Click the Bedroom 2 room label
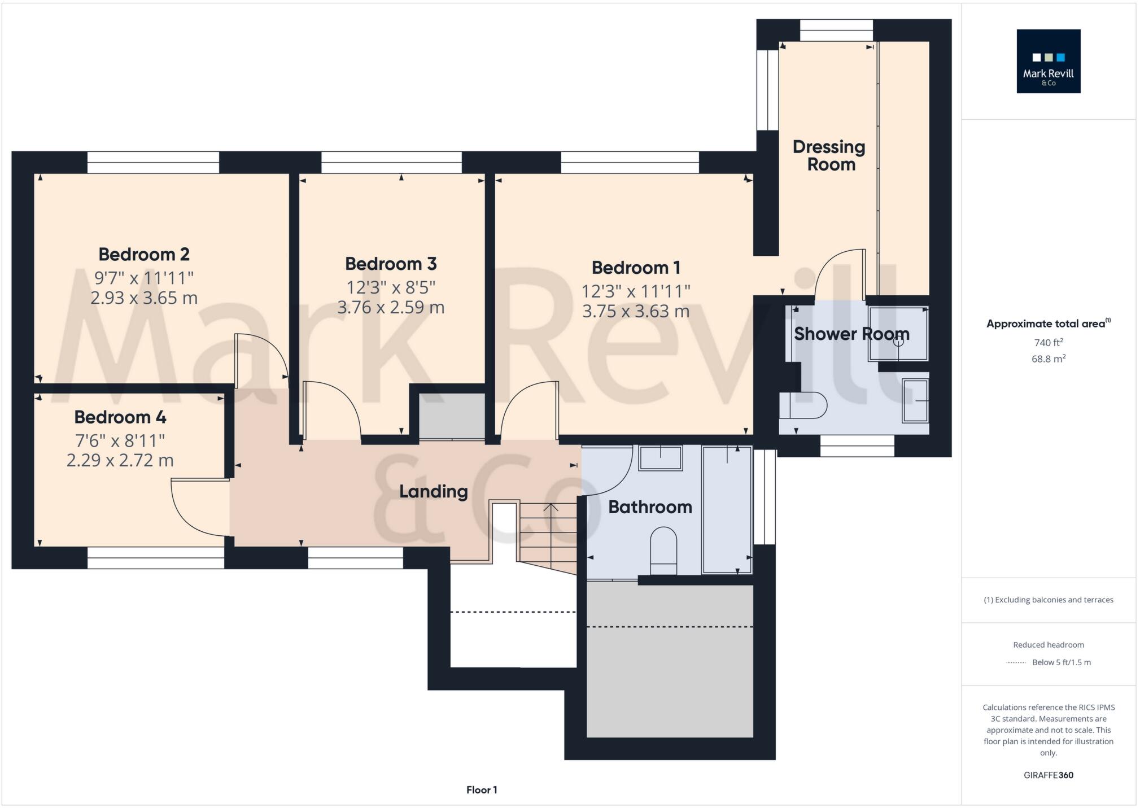[x=144, y=255]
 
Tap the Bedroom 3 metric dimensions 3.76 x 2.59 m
[x=391, y=308]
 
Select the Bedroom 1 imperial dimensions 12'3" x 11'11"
[x=636, y=291]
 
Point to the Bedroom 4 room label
[x=120, y=417]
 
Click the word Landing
[x=434, y=492]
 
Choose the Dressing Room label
[x=829, y=156]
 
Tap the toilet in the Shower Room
[x=803, y=405]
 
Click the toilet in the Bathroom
[x=663, y=551]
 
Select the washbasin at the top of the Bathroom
[x=660, y=458]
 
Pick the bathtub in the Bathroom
[x=727, y=510]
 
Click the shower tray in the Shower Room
[x=898, y=334]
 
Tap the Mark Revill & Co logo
[x=1049, y=61]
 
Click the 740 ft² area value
[x=1049, y=342]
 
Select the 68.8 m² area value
[x=1049, y=359]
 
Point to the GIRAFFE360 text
[x=1049, y=775]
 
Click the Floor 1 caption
[x=482, y=790]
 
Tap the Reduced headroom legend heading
[x=1049, y=645]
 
